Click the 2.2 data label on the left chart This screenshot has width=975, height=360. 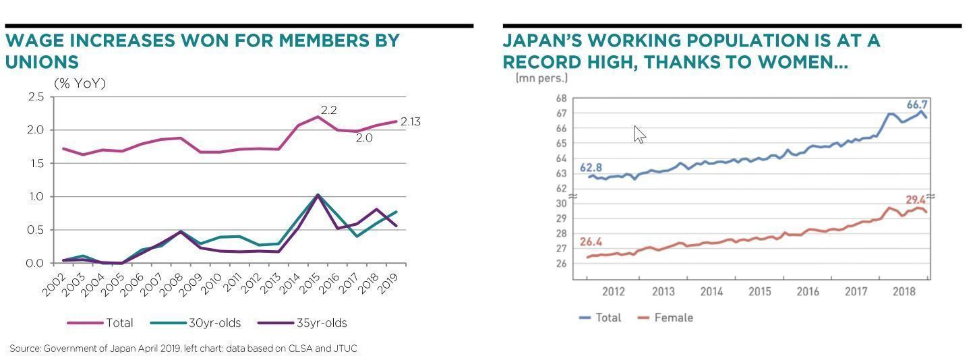click(x=328, y=110)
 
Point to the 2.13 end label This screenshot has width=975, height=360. click(x=410, y=122)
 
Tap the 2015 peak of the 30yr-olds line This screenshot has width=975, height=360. click(x=318, y=196)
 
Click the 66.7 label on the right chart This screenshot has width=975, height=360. click(x=917, y=105)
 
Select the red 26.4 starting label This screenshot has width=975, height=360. click(x=591, y=242)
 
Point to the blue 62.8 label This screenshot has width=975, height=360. click(x=591, y=168)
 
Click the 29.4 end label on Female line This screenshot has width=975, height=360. click(x=916, y=200)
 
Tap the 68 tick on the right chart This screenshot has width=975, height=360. click(x=561, y=98)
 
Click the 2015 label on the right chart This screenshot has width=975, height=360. click(x=759, y=292)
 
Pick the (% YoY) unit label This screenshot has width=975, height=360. click(x=80, y=84)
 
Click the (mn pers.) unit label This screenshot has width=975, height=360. click(x=541, y=78)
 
